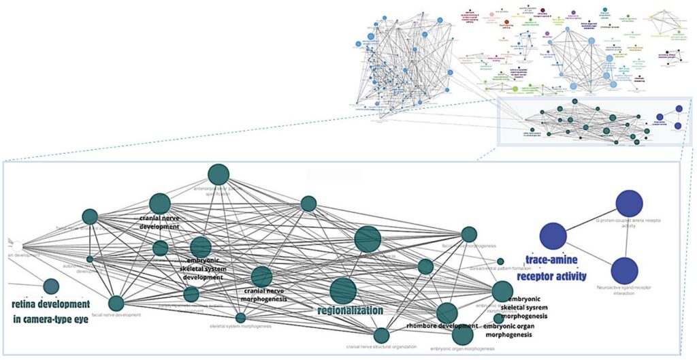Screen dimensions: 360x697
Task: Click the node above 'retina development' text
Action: pyautogui.click(x=51, y=287)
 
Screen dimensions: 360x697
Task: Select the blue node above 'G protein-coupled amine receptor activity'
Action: pyautogui.click(x=630, y=203)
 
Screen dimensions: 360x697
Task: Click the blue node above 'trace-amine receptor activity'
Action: pyautogui.click(x=553, y=236)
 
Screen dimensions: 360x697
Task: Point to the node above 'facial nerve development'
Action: pyautogui.click(x=116, y=304)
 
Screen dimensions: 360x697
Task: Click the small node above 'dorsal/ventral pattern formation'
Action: pyautogui.click(x=500, y=261)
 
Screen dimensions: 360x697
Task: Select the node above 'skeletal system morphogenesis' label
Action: pyautogui.click(x=240, y=317)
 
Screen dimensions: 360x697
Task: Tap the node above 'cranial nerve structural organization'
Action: pyautogui.click(x=381, y=335)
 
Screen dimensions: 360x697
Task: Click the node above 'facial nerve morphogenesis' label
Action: pyautogui.click(x=469, y=234)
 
